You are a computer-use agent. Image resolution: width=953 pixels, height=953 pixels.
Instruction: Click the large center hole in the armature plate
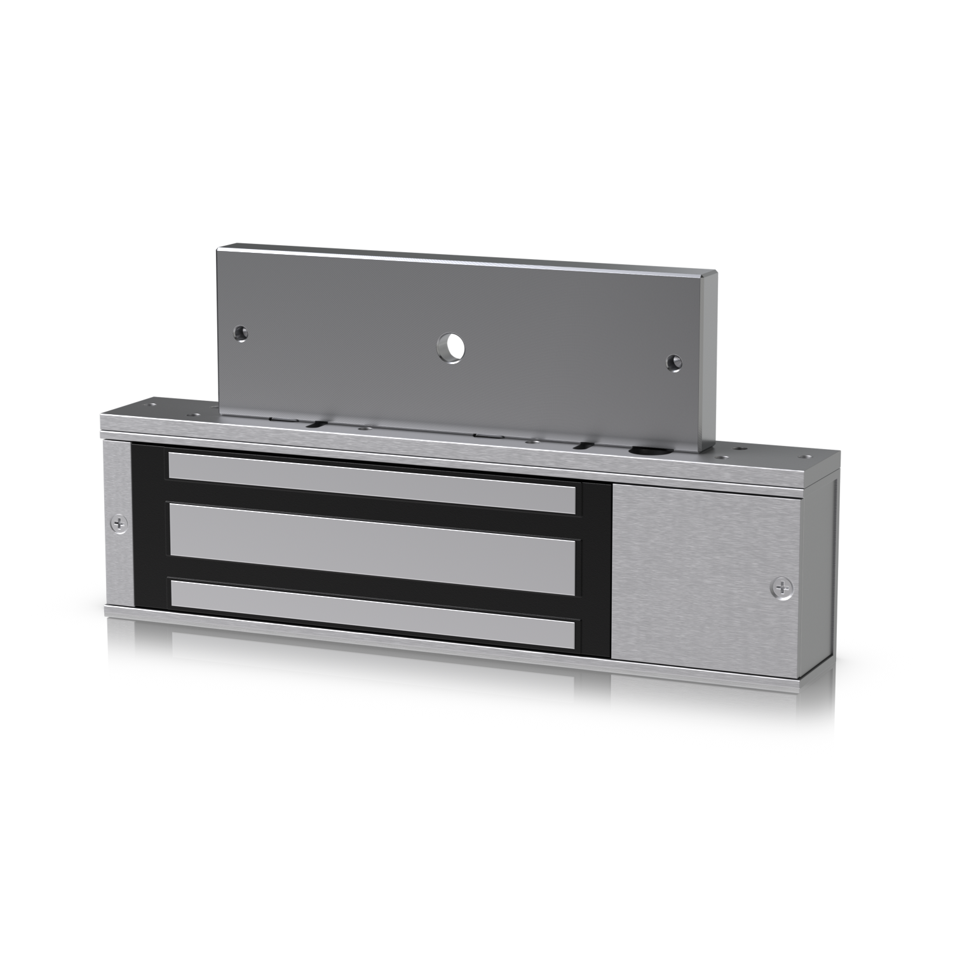(450, 347)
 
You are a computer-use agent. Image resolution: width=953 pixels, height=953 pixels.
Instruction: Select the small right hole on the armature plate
(672, 362)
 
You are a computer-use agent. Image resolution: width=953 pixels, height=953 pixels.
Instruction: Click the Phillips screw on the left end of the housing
(118, 524)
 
